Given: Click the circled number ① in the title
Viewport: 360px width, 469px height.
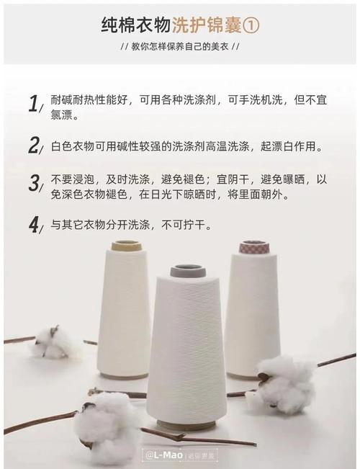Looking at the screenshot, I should (251, 26).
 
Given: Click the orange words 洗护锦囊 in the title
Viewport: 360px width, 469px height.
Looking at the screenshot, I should (207, 26).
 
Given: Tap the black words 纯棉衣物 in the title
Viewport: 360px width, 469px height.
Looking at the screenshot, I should (135, 26).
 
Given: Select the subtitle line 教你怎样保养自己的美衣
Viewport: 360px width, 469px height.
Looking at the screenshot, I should (179, 47).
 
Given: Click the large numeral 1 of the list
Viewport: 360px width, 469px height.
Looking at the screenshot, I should (32, 104).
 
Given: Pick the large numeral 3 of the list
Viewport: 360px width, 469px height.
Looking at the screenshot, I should (33, 183).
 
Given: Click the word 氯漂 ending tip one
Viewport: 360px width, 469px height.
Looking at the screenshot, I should (63, 115).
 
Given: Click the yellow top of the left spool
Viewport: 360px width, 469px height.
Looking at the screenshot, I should (126, 246).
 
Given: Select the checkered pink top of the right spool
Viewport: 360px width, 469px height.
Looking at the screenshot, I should (254, 247).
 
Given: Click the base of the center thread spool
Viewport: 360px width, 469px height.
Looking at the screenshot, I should (186, 425).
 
